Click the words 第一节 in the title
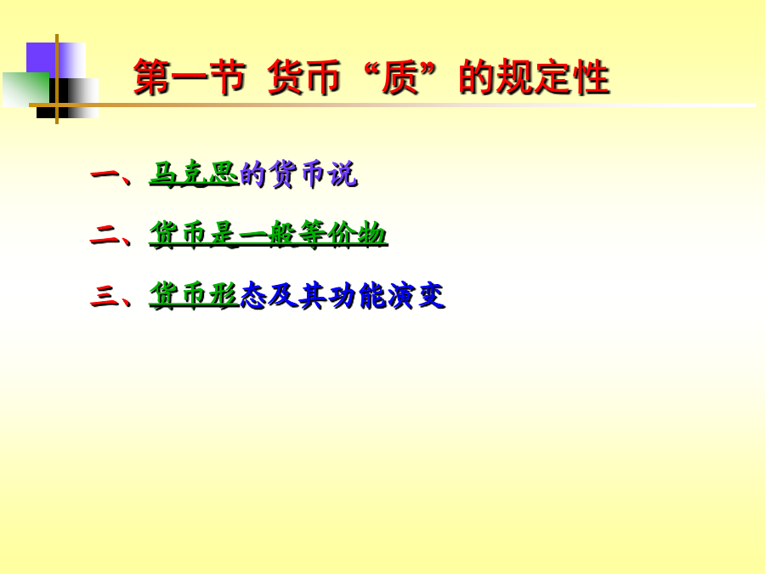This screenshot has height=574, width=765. [x=190, y=77]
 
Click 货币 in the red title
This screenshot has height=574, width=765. [x=304, y=77]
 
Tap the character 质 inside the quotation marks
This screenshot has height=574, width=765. [x=399, y=77]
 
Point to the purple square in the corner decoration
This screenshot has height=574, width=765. [x=56, y=60]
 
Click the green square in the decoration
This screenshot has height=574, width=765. [x=25, y=89]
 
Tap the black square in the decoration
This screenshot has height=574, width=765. [x=67, y=98]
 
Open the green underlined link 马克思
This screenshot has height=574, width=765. [x=194, y=173]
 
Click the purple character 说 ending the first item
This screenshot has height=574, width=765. [x=343, y=173]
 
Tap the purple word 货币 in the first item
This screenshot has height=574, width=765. [x=298, y=173]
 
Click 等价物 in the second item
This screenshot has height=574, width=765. [x=343, y=235]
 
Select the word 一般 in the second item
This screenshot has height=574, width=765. [x=269, y=235]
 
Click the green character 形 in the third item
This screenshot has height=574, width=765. [x=224, y=295]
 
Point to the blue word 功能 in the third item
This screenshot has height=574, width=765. [x=358, y=295]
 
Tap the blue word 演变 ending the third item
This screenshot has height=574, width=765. [x=416, y=295]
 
